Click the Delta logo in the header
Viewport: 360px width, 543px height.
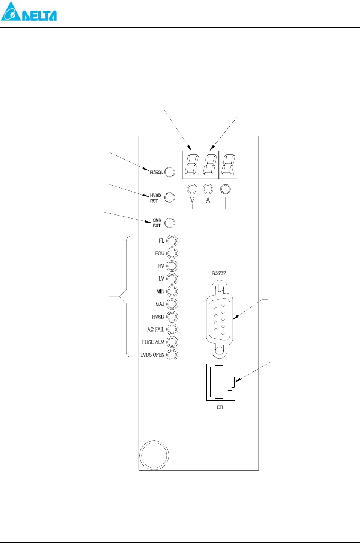[x=29, y=11]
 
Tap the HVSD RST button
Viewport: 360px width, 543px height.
[x=170, y=198]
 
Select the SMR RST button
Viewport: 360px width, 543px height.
[x=170, y=223]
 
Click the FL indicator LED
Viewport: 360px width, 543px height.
[x=172, y=241]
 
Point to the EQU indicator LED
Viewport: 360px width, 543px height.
[x=172, y=253]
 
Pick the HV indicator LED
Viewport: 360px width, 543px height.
[x=172, y=266]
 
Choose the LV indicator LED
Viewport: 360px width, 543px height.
[x=172, y=279]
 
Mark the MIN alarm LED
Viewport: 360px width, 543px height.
[x=172, y=291]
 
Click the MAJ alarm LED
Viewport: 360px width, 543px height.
[x=172, y=304]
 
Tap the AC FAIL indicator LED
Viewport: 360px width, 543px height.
[x=172, y=329]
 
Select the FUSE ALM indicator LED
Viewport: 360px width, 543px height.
[x=172, y=342]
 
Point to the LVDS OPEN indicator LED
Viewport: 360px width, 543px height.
[x=172, y=354]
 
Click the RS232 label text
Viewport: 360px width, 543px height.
[x=219, y=273]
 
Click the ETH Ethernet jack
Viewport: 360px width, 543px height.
[x=221, y=382]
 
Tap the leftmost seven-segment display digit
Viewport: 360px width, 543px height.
[x=192, y=164]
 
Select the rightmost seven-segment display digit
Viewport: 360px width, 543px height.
[x=228, y=164]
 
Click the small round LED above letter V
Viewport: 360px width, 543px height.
[x=192, y=189]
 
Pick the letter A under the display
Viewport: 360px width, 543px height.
[x=208, y=200]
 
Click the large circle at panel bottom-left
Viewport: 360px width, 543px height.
[x=154, y=455]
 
